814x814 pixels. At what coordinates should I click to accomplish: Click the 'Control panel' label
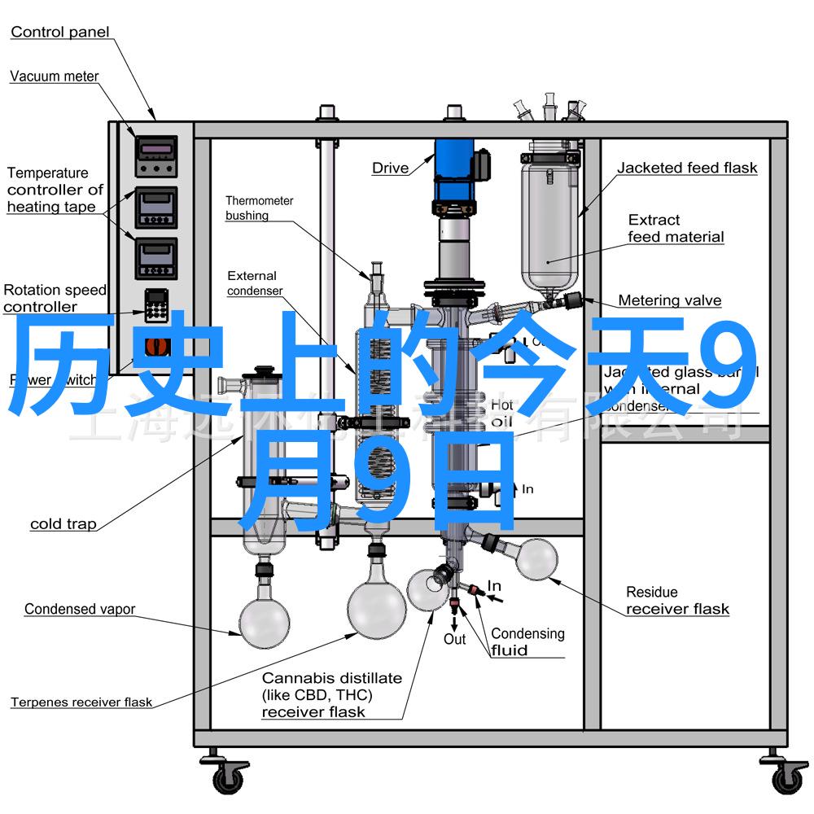tap(59, 33)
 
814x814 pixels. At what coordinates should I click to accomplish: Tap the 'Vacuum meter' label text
tap(55, 77)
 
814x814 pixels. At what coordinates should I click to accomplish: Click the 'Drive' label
tap(390, 168)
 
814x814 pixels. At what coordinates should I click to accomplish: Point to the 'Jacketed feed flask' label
tap(686, 168)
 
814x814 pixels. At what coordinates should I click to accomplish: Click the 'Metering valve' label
tap(669, 300)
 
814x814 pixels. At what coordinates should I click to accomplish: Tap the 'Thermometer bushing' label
tap(259, 208)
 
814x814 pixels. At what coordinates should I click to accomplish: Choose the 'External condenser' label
tap(255, 283)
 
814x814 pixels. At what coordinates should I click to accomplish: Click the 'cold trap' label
tap(63, 524)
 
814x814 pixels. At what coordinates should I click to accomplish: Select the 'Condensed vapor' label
tap(80, 609)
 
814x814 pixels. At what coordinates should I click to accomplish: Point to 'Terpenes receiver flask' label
tap(81, 702)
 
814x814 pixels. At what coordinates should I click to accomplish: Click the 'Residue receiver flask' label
tap(676, 601)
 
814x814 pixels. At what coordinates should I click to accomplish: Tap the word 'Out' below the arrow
tap(454, 640)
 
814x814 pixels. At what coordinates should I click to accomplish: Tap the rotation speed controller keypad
tap(155, 304)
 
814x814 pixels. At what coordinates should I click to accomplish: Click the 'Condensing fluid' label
tap(527, 641)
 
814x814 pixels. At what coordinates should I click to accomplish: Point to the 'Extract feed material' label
tap(675, 229)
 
